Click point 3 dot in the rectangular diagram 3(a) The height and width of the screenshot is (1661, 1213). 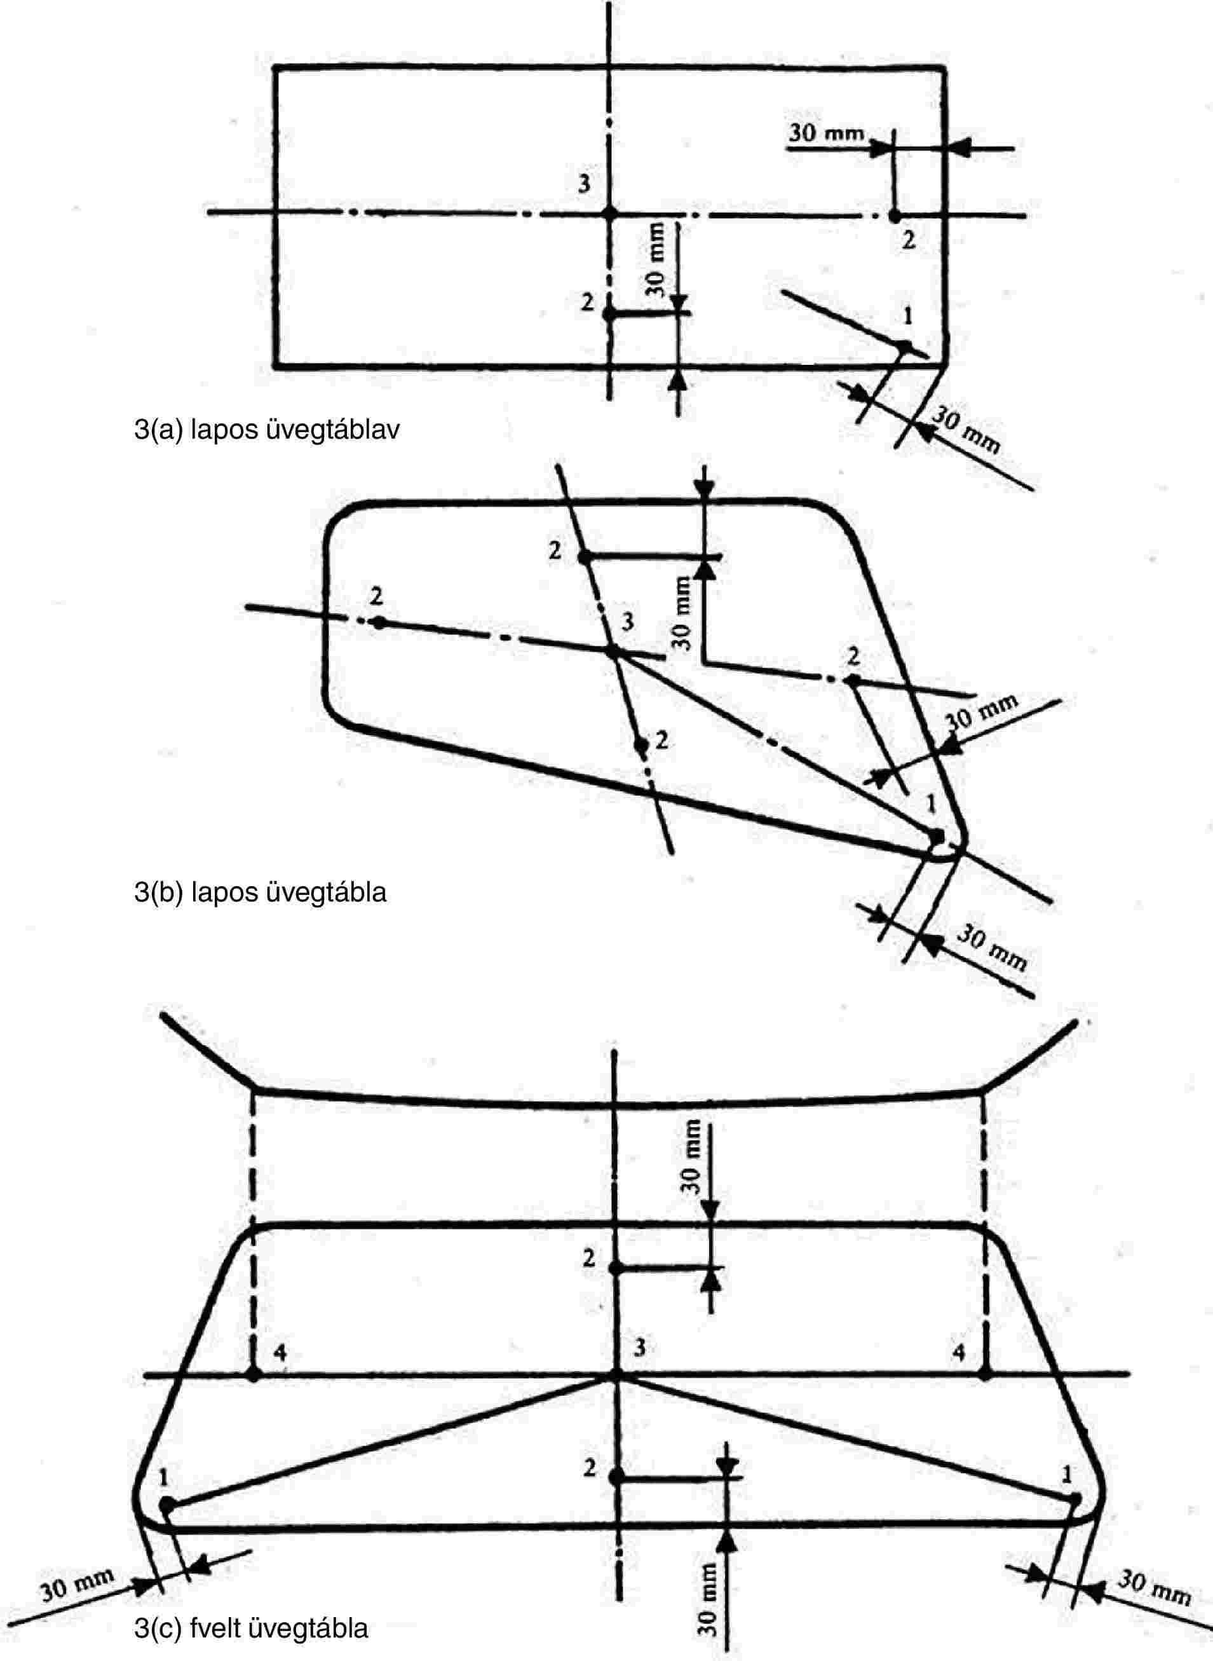tap(609, 213)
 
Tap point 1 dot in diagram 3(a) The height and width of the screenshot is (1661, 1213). tap(905, 346)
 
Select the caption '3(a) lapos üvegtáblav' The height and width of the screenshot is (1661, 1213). tap(266, 430)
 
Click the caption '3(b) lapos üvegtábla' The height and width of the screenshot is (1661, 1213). tap(260, 892)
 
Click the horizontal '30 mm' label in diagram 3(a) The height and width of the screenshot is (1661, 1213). tap(826, 133)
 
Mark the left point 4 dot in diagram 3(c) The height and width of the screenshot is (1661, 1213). tap(254, 1374)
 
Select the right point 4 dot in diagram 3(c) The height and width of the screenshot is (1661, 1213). tap(985, 1374)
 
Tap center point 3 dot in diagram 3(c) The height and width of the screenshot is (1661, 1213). tap(615, 1374)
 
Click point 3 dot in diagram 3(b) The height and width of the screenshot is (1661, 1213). tap(612, 651)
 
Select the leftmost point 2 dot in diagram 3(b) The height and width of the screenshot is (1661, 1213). tap(378, 622)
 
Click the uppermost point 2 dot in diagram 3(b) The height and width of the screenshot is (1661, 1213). tap(584, 557)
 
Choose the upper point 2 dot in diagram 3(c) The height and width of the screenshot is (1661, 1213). tap(615, 1269)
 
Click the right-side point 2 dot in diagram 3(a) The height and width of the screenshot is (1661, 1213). tap(894, 216)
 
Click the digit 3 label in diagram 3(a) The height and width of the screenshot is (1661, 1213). tap(584, 184)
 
